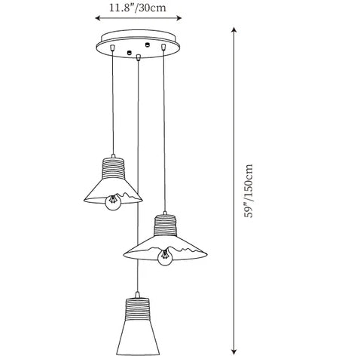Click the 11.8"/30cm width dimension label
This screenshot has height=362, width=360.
coord(137,8)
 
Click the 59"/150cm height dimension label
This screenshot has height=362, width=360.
coord(249,191)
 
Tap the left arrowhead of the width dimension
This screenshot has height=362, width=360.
coord(98,18)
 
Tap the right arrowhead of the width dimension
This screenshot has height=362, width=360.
coord(178,18)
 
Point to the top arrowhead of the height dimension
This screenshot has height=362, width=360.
coord(234,29)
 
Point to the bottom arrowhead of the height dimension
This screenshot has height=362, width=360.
coord(234,351)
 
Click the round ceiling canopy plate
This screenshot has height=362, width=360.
coord(138,44)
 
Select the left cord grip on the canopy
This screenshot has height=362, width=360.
coord(112,48)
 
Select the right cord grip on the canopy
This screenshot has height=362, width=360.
coord(163,47)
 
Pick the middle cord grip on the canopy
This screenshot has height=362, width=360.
coord(138,57)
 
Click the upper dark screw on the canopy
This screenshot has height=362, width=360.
coord(148,44)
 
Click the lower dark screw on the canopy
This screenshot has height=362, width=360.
coord(130,52)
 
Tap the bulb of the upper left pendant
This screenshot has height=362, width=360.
coord(113,202)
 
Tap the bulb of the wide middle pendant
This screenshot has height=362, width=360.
coord(165,257)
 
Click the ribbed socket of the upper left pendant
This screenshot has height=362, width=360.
coord(113,168)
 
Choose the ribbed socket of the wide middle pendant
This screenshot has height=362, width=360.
coord(165,225)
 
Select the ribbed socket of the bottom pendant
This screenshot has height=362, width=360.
coord(137,309)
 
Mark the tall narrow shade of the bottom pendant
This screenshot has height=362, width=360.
coord(138,338)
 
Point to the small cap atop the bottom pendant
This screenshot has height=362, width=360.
coord(137,295)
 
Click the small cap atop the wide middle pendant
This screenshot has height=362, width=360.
coord(165,213)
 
